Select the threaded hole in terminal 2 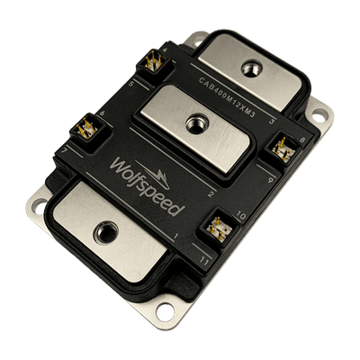pos(193,121)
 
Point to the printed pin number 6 pos(102,112)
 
